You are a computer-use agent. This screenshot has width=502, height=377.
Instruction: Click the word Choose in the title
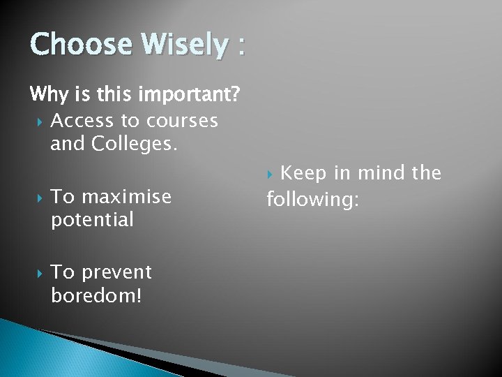point(80,45)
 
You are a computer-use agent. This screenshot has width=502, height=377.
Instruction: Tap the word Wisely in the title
point(183,45)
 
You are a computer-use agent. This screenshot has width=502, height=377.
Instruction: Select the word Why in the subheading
point(49,94)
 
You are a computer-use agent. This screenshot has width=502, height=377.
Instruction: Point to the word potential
point(92,220)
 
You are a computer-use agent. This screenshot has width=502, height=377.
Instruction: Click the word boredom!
point(96,295)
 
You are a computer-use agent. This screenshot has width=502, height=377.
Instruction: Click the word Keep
point(307,172)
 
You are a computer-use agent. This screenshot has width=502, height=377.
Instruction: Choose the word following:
point(313,200)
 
